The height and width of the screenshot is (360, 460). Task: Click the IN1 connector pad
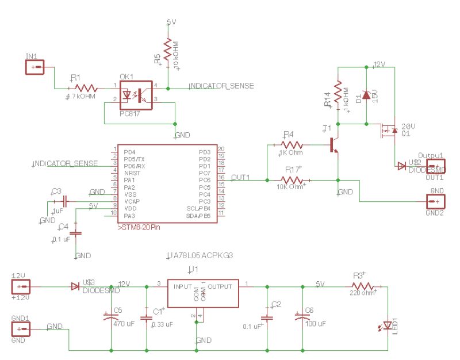point(35,67)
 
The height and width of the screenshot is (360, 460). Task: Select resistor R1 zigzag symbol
point(86,88)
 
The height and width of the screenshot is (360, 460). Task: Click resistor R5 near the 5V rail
point(167,52)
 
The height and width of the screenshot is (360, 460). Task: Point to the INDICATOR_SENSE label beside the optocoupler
point(221,86)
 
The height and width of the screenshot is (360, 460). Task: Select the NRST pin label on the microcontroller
point(133,173)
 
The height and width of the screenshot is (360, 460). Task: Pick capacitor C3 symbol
point(64,202)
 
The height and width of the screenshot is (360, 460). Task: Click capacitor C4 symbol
point(78,232)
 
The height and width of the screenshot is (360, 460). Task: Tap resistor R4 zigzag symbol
point(290,144)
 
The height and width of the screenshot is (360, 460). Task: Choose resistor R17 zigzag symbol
point(292,179)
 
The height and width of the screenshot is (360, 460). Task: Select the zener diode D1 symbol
point(366,95)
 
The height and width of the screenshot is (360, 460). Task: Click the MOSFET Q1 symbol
point(388,131)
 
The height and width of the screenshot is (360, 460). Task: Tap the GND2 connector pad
point(436,201)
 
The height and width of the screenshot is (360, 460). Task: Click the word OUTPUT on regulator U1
point(220,286)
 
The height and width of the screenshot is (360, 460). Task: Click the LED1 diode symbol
point(388,326)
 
